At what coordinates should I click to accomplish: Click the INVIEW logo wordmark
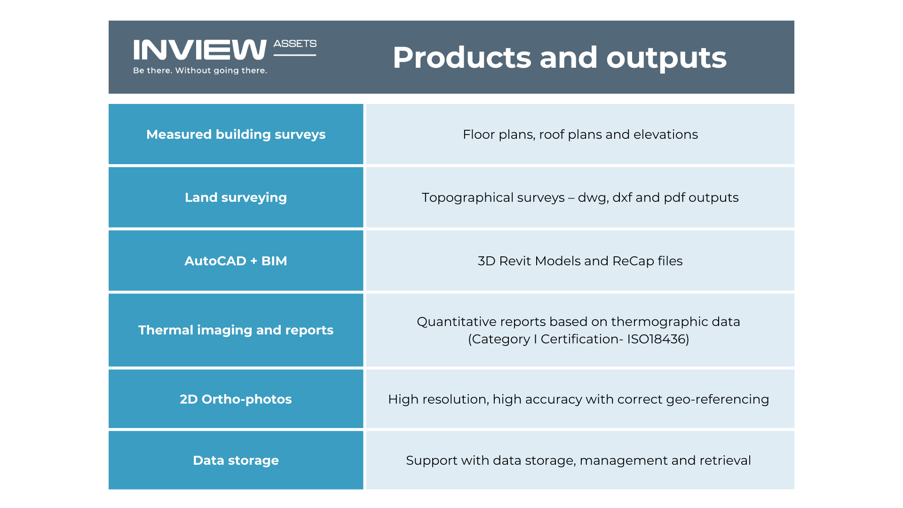click(x=200, y=50)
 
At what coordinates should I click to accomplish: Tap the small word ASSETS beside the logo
click(x=295, y=44)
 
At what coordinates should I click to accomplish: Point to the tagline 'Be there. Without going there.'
click(x=200, y=71)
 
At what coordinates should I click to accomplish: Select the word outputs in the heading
click(x=666, y=58)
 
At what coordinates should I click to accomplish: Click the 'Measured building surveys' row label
click(x=236, y=135)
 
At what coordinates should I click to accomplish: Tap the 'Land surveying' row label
click(x=236, y=198)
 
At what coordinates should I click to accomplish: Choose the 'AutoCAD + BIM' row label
click(x=236, y=261)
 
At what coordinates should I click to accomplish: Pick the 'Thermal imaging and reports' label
click(x=236, y=330)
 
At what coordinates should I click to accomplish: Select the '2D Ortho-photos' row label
click(x=236, y=399)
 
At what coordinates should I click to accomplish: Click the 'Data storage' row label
click(x=236, y=460)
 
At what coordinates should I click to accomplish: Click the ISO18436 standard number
click(x=657, y=339)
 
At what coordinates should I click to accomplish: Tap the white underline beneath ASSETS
click(x=295, y=55)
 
